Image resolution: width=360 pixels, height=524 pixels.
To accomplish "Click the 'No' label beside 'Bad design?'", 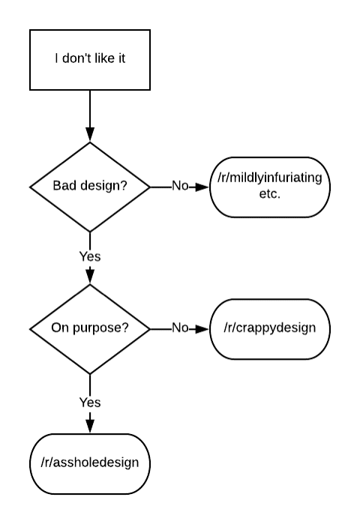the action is [180, 186].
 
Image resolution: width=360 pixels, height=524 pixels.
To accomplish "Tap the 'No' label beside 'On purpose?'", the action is [180, 328].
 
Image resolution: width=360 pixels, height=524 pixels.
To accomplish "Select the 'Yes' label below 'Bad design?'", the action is [90, 256].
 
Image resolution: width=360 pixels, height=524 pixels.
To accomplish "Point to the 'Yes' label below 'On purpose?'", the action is [90, 403].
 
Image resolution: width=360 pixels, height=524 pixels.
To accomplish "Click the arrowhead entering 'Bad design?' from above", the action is [90, 134].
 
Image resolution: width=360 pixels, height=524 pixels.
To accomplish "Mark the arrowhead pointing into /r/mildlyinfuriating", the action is [202, 187].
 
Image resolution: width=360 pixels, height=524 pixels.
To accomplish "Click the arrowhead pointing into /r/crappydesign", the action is [202, 329].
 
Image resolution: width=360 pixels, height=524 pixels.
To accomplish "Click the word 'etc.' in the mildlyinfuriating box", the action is [270, 194].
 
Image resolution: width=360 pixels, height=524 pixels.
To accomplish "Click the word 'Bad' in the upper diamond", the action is [61, 185].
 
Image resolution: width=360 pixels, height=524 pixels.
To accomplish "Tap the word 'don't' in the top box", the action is [76, 58].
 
